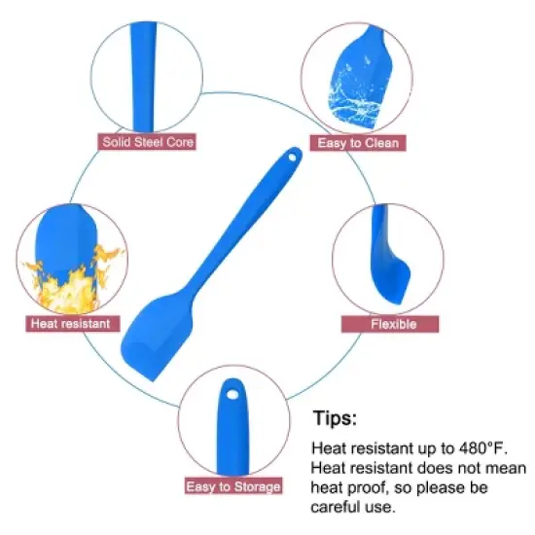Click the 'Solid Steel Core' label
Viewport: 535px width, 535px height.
point(147,142)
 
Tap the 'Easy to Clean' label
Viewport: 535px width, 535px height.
point(358,143)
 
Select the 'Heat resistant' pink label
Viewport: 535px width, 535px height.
point(73,324)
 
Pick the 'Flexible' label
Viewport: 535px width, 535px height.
point(390,324)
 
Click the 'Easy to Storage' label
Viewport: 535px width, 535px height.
point(233,486)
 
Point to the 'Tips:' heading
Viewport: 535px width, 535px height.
point(335,418)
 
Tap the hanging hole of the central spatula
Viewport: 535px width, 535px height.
point(293,158)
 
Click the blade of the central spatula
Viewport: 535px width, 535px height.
point(157,337)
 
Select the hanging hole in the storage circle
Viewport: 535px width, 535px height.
point(233,395)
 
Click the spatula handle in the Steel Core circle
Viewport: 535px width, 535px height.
point(144,77)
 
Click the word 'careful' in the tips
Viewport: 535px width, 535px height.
point(336,507)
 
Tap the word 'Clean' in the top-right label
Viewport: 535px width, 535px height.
point(381,143)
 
